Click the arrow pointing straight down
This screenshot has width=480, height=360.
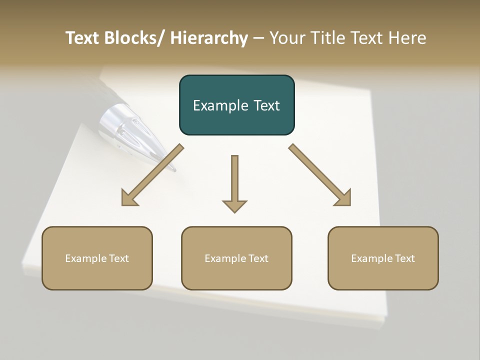pos(234,185)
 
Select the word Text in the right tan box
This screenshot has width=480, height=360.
pos(404,258)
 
